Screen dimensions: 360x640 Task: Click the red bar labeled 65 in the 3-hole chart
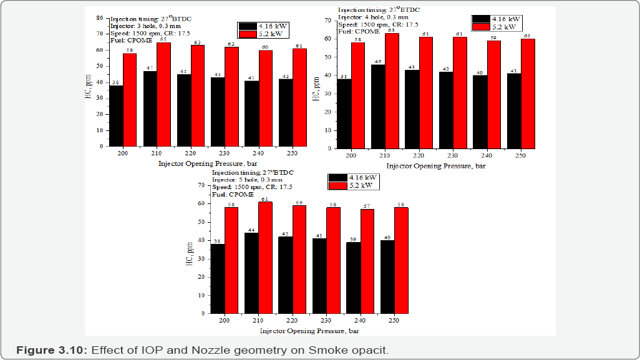(x=163, y=94)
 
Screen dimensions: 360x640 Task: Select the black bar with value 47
(x=150, y=109)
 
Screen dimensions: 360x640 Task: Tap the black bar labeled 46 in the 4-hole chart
(x=378, y=107)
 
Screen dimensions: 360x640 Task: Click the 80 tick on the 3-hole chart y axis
(x=99, y=18)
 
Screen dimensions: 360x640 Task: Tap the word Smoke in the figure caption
(x=326, y=350)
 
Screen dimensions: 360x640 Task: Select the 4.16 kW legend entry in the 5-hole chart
(x=353, y=177)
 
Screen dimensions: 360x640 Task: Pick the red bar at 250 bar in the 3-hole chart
(x=299, y=97)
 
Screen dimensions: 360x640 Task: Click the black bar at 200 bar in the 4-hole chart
(x=344, y=114)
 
